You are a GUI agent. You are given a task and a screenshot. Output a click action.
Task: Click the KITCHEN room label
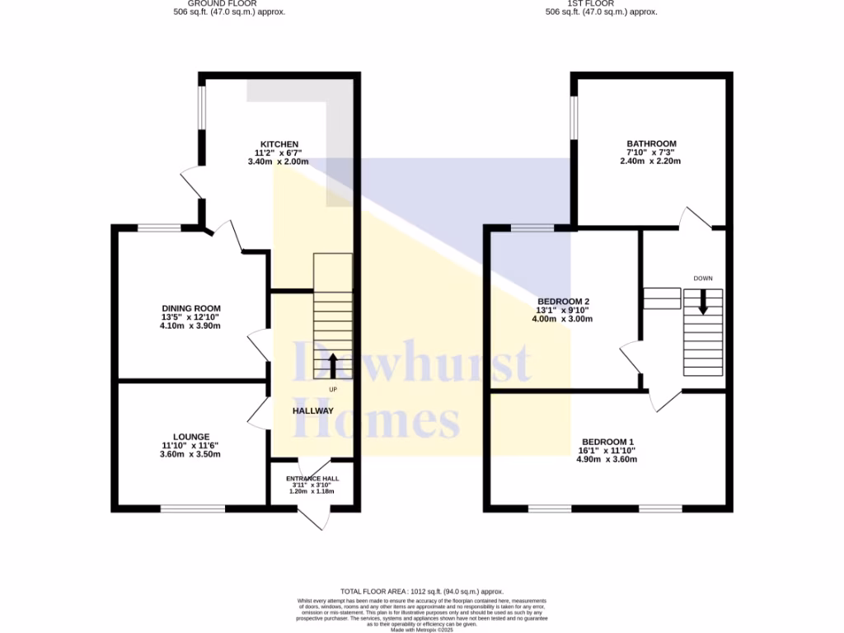[x=278, y=144]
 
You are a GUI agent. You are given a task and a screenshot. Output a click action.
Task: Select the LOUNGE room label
[x=190, y=437]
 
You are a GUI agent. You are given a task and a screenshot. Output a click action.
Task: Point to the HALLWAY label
[x=313, y=410]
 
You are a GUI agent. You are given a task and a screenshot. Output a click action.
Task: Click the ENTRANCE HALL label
[x=312, y=478]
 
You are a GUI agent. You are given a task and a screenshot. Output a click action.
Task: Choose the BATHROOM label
[x=651, y=144]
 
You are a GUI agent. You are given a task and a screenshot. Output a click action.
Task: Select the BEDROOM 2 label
[x=563, y=301]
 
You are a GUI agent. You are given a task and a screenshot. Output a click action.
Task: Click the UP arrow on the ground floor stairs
[x=332, y=365]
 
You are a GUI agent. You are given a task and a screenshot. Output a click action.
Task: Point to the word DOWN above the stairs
[x=703, y=279]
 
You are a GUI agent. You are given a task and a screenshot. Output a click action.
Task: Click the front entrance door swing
[x=314, y=518]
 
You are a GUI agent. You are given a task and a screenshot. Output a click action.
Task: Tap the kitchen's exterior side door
[x=191, y=181]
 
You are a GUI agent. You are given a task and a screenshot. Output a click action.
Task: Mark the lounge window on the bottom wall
[x=192, y=509]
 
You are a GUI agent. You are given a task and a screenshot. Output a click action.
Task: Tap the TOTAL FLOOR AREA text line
[x=421, y=591]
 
